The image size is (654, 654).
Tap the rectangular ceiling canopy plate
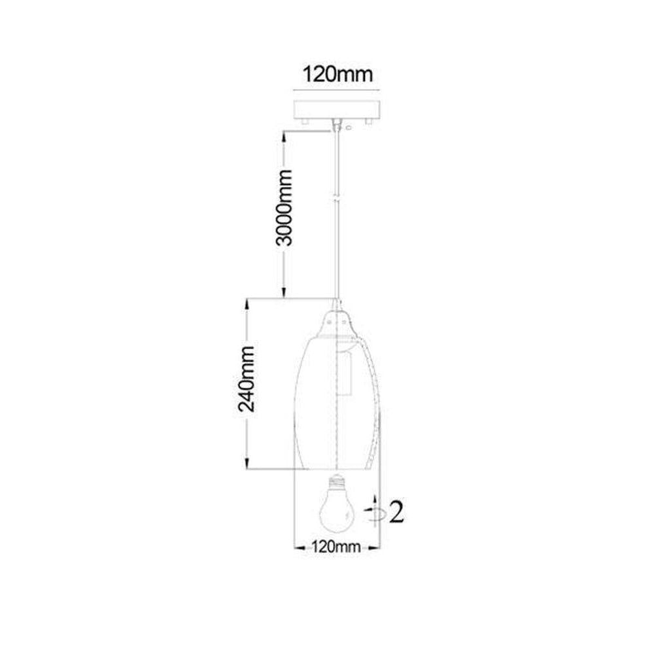click(337, 109)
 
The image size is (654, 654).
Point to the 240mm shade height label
click(247, 385)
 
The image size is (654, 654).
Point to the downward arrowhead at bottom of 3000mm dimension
click(283, 294)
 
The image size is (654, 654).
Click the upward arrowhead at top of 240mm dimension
click(247, 304)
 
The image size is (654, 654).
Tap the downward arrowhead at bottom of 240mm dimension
click(247, 464)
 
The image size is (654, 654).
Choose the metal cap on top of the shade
click(337, 320)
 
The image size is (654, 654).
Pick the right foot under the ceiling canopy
click(370, 122)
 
